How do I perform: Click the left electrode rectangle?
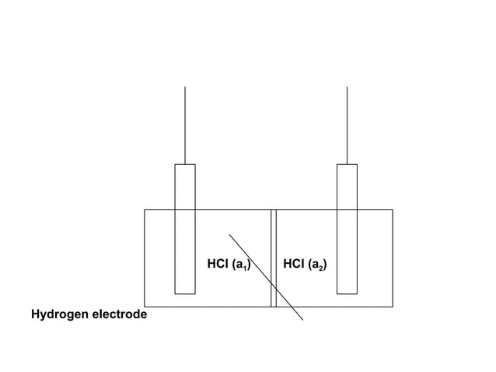click(184, 229)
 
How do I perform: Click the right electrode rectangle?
click(347, 229)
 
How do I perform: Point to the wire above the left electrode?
click(185, 125)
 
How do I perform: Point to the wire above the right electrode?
click(347, 125)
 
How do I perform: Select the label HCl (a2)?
click(305, 265)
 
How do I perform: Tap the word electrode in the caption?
click(119, 315)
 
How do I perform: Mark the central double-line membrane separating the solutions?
click(274, 258)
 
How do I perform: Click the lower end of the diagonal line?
click(302, 319)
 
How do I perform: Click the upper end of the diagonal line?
click(229, 233)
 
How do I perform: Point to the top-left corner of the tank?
click(145, 209)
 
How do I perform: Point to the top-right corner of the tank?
click(393, 209)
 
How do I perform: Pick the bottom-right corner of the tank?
click(393, 307)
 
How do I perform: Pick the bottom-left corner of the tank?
click(145, 307)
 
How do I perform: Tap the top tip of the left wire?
click(185, 87)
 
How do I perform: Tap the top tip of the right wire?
click(347, 87)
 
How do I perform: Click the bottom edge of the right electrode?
click(347, 294)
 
